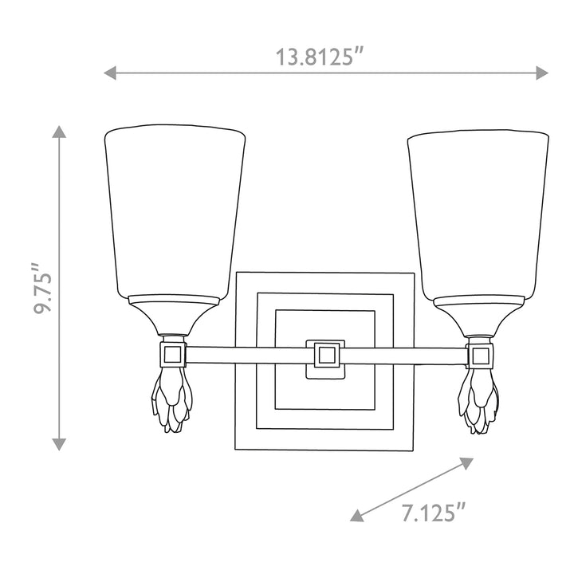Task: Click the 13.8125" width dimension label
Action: [x=319, y=57]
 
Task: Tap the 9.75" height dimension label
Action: [x=42, y=289]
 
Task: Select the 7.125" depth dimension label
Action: [x=434, y=513]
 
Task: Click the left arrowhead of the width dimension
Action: [x=110, y=73]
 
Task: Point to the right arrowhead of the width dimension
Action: [x=542, y=73]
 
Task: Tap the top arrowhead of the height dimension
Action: [x=59, y=132]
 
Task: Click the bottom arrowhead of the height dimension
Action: [x=59, y=444]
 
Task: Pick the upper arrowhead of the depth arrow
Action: [x=467, y=462]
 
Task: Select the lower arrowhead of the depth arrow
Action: [x=356, y=516]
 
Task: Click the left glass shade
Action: [x=175, y=211]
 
